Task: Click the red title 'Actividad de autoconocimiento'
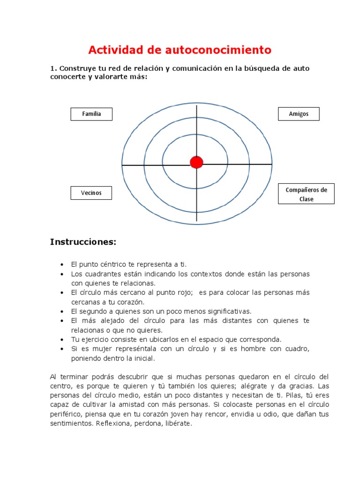click(x=180, y=49)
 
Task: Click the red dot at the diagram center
click(x=196, y=162)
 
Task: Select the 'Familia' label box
click(x=91, y=114)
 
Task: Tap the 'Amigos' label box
click(x=299, y=114)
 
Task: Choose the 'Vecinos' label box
click(x=91, y=193)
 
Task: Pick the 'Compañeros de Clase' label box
click(x=306, y=194)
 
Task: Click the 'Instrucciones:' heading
click(x=82, y=242)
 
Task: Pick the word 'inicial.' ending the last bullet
click(x=142, y=358)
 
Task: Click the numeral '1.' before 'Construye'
click(x=53, y=68)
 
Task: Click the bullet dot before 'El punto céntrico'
click(x=62, y=265)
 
